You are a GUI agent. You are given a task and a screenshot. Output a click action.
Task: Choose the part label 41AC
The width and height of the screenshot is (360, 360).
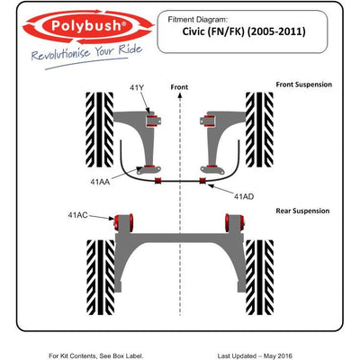[x=77, y=214]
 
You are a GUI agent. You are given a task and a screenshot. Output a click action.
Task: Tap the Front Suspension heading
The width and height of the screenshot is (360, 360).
[x=302, y=85]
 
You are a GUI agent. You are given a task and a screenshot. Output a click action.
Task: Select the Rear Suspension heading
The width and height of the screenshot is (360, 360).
[x=302, y=211]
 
